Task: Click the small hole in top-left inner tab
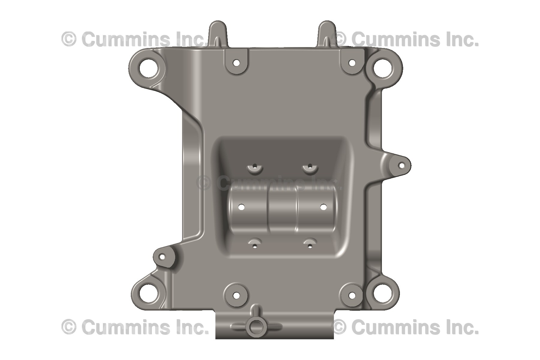click(x=236, y=63)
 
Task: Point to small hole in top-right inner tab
click(x=352, y=63)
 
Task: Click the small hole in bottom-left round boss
click(x=236, y=296)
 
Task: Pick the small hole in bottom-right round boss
click(x=352, y=296)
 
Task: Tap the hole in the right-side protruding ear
click(x=401, y=165)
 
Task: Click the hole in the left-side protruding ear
click(x=162, y=257)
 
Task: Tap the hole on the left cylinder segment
click(x=242, y=207)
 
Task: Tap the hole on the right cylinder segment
click(x=323, y=207)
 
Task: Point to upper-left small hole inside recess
click(x=255, y=166)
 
